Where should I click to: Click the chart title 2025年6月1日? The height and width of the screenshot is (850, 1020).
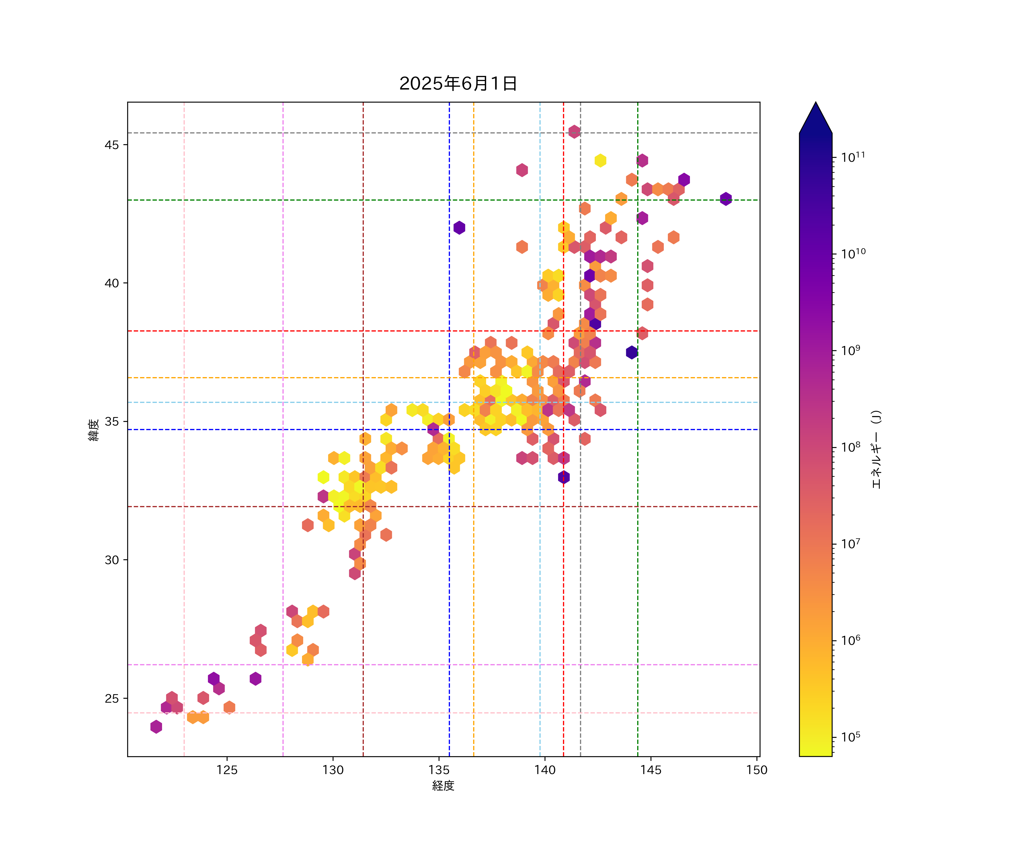point(458,84)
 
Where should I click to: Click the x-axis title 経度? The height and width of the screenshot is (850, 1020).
point(443,785)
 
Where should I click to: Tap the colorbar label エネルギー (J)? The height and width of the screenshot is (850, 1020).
point(876,449)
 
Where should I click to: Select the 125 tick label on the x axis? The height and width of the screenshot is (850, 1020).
point(227,770)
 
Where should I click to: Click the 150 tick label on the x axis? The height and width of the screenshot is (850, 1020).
point(757,770)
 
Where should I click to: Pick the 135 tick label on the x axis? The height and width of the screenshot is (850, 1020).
point(439,770)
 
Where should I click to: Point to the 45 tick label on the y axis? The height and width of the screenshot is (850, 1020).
point(112,145)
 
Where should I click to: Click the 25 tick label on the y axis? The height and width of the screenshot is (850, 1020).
point(112,698)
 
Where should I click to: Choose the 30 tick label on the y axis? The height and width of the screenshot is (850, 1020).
point(112,560)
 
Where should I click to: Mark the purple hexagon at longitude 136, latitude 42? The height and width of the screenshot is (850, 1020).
point(459,227)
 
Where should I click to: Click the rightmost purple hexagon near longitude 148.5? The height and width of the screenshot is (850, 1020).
point(726,199)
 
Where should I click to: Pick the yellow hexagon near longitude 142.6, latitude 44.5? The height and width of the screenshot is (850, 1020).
point(600,160)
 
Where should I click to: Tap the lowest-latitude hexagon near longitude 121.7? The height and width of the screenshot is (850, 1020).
point(156,727)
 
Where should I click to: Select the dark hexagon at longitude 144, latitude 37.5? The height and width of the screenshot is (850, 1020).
point(632,352)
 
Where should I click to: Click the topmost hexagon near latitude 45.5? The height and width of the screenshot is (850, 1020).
point(574,131)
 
